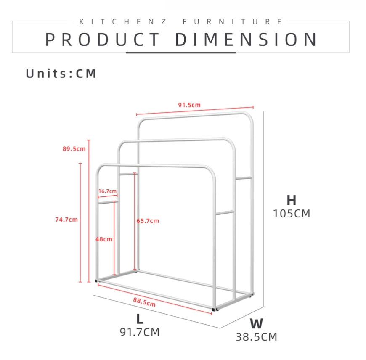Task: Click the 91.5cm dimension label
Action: tap(189, 105)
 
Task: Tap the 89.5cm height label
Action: tap(74, 149)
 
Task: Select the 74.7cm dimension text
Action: tap(66, 220)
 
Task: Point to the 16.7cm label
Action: tap(107, 191)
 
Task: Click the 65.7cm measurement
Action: tap(148, 221)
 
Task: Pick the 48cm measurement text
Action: tap(104, 239)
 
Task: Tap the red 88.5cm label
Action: tap(144, 302)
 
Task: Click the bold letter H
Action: tap(292, 200)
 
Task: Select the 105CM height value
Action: tap(292, 214)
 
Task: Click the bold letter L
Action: tap(140, 319)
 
